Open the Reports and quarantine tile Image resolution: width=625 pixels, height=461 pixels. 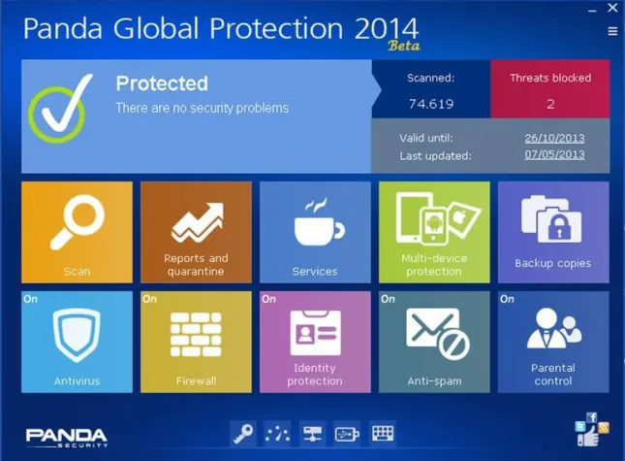click(x=196, y=233)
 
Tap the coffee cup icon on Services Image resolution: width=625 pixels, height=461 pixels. click(x=315, y=226)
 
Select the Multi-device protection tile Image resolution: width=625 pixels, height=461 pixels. click(x=434, y=233)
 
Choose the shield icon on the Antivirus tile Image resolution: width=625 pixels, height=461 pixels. click(x=76, y=335)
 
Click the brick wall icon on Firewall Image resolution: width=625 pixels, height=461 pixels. click(x=196, y=335)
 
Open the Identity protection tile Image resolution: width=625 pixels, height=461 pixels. click(x=315, y=342)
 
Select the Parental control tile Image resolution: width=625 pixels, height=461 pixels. click(x=553, y=342)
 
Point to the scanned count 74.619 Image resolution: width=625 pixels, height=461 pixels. click(x=431, y=104)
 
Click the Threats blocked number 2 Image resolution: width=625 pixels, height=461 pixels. click(x=550, y=104)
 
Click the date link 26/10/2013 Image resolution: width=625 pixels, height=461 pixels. click(x=554, y=138)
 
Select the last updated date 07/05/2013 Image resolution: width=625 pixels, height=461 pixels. click(x=554, y=154)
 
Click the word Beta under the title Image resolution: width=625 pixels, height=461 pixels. click(x=403, y=46)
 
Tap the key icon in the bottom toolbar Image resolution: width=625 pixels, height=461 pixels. click(x=242, y=433)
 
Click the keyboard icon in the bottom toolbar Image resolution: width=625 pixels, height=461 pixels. click(x=383, y=433)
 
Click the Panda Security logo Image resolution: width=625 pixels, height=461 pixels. click(x=66, y=437)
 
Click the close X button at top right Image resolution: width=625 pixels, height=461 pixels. click(x=612, y=9)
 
